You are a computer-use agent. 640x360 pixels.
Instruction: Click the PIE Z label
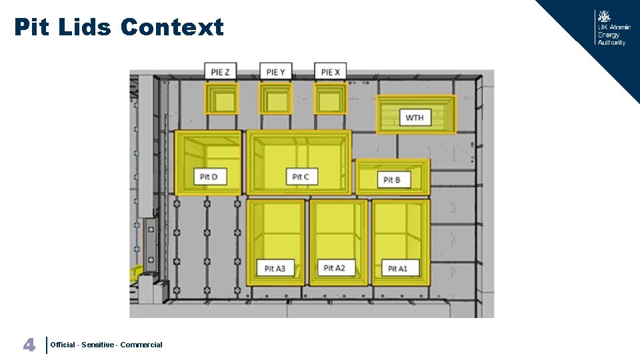click(x=220, y=72)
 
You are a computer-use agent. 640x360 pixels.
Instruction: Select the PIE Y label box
click(x=275, y=72)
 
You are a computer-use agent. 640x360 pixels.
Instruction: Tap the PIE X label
click(x=330, y=72)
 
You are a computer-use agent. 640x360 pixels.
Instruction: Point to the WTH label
click(x=414, y=118)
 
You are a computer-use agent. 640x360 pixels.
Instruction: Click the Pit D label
click(x=209, y=177)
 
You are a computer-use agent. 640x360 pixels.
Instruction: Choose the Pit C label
click(x=301, y=177)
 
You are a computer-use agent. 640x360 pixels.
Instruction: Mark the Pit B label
click(x=392, y=180)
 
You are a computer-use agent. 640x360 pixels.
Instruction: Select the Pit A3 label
click(x=275, y=268)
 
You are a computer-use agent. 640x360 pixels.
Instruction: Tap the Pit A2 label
click(x=334, y=267)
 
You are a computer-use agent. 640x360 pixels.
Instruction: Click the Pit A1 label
click(x=397, y=268)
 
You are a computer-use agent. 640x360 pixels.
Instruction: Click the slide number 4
click(x=29, y=345)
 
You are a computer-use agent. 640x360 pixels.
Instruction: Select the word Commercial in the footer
click(x=141, y=345)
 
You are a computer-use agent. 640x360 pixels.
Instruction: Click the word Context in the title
click(x=172, y=27)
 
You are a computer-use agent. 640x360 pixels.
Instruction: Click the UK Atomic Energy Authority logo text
click(x=612, y=35)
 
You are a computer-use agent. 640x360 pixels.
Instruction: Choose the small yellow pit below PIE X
click(x=329, y=100)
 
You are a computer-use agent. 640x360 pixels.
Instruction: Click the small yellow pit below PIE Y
click(x=275, y=100)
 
